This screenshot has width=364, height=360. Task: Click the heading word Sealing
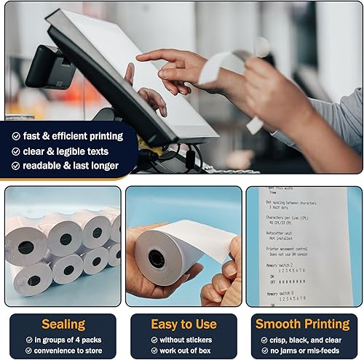tap(63, 324)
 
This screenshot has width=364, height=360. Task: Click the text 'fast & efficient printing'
tap(73, 135)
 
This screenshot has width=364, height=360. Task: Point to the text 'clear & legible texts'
tap(66, 151)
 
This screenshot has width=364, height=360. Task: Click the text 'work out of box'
tap(184, 350)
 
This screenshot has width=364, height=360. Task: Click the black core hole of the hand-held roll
tap(157, 258)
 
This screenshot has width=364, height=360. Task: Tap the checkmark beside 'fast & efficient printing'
tap(16, 135)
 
